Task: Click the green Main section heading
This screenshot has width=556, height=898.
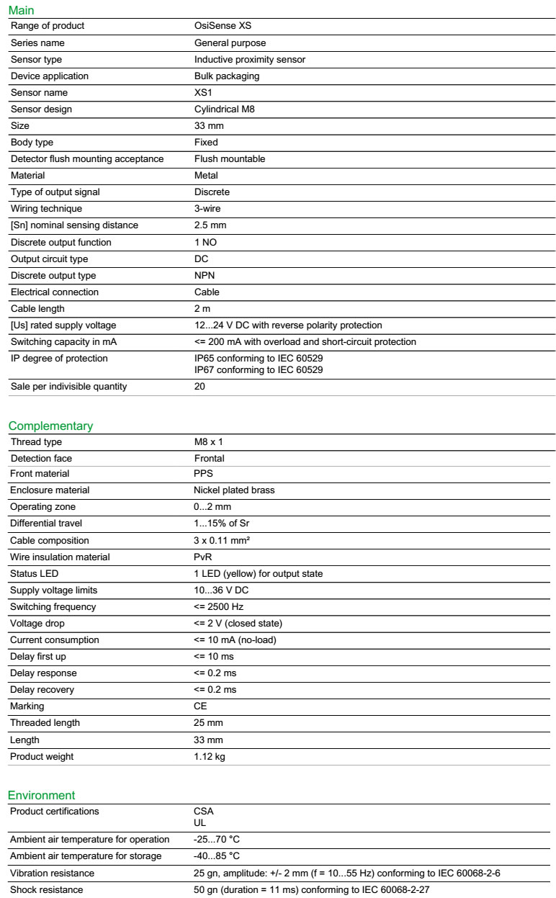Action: [21, 10]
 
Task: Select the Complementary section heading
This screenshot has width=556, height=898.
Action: [50, 426]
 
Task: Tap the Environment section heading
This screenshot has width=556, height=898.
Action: [41, 795]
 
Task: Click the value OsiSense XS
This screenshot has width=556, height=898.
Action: [223, 26]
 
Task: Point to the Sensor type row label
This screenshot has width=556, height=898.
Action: [36, 60]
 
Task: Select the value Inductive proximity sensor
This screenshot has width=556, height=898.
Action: [249, 60]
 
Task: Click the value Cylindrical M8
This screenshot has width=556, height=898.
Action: [224, 109]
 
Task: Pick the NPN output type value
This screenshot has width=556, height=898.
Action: [205, 276]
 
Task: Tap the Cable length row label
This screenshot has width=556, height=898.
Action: [37, 309]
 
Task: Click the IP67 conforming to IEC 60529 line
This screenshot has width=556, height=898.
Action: [258, 370]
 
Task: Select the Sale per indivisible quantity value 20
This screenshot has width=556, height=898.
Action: [199, 387]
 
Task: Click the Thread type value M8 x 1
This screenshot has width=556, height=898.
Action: [208, 442]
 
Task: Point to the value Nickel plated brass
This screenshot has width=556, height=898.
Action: [234, 490]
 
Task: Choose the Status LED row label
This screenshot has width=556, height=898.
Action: [34, 574]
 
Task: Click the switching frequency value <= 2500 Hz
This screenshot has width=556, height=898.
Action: [218, 607]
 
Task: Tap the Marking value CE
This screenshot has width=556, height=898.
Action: [200, 706]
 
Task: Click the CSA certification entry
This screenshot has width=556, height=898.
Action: [203, 812]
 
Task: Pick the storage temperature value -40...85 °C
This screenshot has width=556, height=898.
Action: [216, 856]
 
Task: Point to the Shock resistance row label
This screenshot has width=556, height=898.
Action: [46, 890]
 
